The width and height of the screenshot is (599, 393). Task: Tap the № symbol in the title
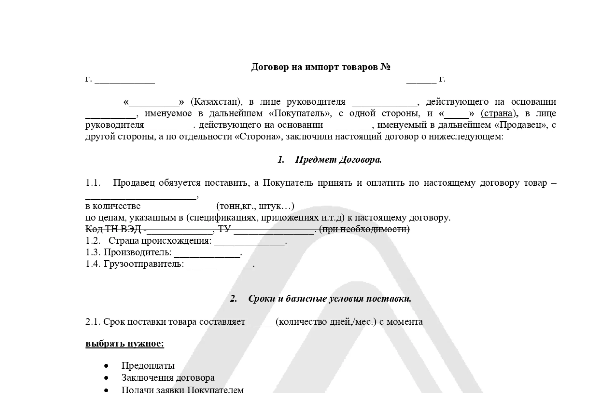tap(385, 67)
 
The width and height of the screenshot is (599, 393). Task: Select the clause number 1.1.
tap(93, 183)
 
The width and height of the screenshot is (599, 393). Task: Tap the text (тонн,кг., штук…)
tap(255, 206)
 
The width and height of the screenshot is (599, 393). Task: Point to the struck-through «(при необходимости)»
tap(364, 229)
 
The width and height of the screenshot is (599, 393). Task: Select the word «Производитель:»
tap(137, 252)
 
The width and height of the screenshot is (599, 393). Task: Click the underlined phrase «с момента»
tap(401, 322)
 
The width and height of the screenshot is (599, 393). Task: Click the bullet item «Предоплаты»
tap(148, 365)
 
